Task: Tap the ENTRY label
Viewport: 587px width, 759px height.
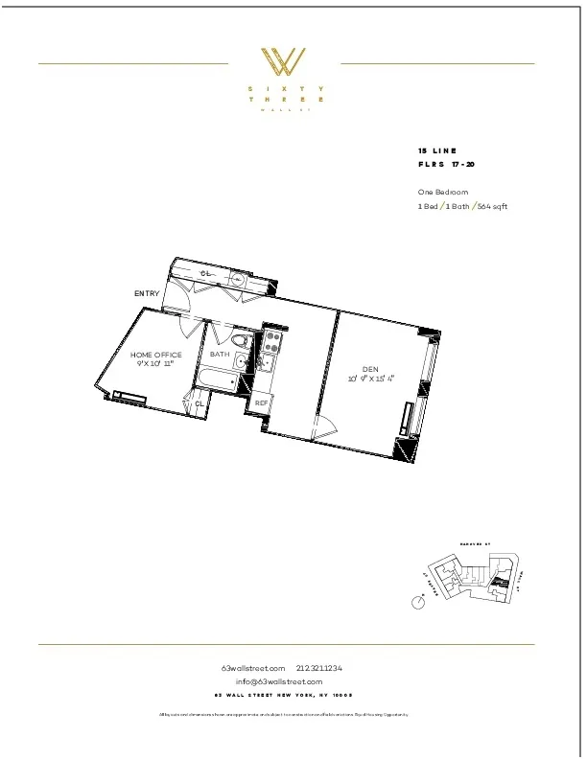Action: click(147, 293)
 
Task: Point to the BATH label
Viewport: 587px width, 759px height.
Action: click(220, 355)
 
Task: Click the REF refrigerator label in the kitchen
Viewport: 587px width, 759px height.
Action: click(261, 403)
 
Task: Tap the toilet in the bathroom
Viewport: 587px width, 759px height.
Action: click(242, 340)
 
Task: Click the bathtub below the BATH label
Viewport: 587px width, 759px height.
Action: click(216, 379)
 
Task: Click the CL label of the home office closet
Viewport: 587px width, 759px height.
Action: click(200, 404)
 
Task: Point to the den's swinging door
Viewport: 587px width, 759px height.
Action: click(326, 428)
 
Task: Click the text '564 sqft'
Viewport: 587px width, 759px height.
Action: click(488, 206)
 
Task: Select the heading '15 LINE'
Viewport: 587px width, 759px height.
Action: click(437, 151)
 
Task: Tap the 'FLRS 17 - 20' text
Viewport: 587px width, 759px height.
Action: click(446, 165)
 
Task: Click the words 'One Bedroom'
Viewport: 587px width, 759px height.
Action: click(441, 192)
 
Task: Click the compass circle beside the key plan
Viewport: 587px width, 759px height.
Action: click(417, 603)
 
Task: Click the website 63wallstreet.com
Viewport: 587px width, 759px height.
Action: click(253, 668)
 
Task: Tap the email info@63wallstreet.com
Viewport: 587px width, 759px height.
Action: click(285, 681)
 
